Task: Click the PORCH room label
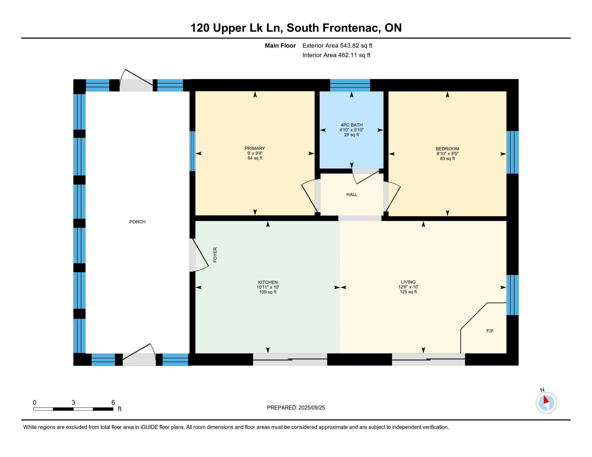137,222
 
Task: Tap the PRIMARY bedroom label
255,148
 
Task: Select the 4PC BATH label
351,125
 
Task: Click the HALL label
352,195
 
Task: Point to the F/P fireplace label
490,331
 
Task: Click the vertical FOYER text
215,255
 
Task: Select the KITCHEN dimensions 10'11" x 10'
268,287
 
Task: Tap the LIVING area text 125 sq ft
408,292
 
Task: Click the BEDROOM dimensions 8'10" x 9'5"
447,154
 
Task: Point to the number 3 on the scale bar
73,403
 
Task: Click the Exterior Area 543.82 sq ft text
337,46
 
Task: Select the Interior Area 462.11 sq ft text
336,55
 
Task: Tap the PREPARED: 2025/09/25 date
296,408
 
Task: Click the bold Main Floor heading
280,46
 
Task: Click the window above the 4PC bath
350,85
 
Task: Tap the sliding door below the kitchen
290,359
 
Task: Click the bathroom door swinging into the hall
365,177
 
